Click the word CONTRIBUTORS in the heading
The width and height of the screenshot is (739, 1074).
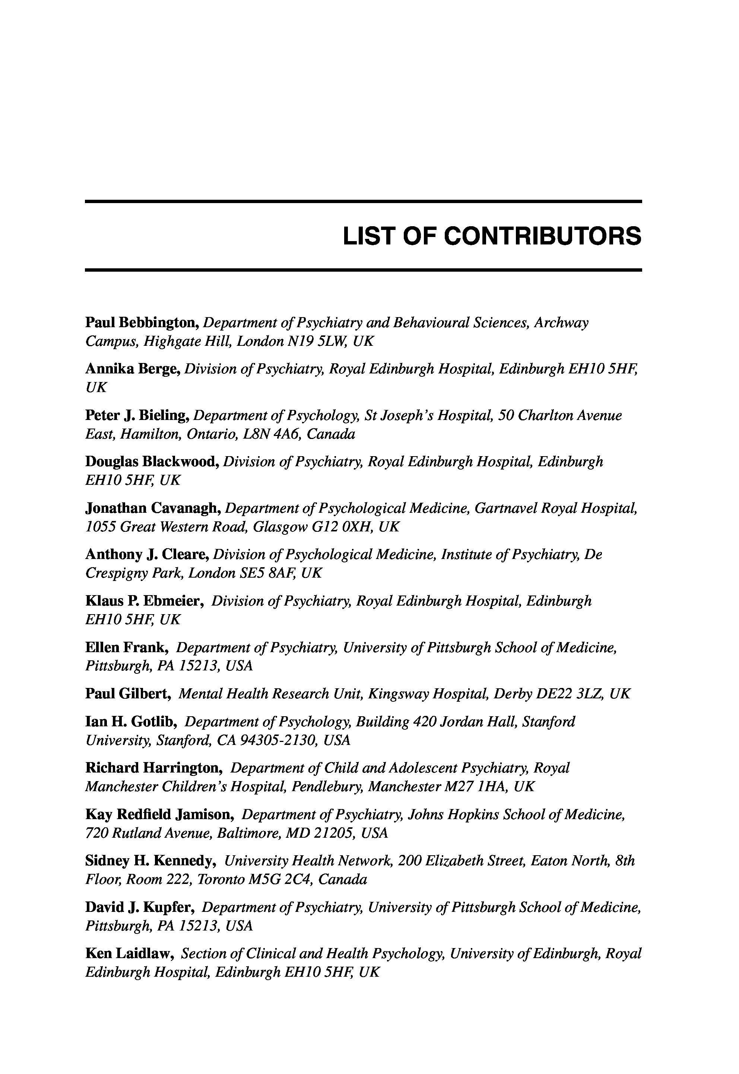pyautogui.click(x=543, y=236)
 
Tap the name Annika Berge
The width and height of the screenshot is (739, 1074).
pyautogui.click(x=133, y=369)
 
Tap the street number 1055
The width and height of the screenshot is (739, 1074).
pyautogui.click(x=101, y=527)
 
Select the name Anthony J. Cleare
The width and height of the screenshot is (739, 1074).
pyautogui.click(x=148, y=555)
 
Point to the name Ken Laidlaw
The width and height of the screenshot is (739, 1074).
pyautogui.click(x=130, y=953)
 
